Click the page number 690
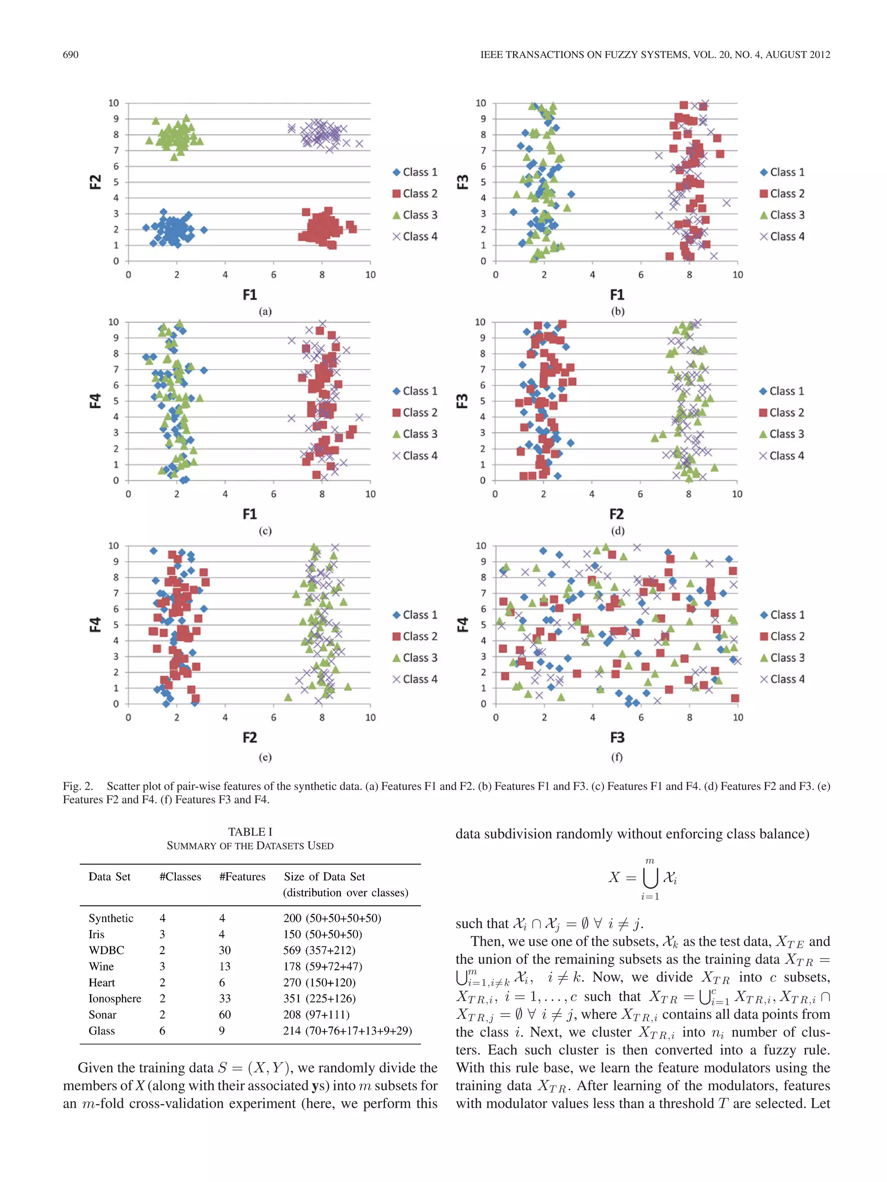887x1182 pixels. coord(71,55)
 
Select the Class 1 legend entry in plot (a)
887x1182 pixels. coord(414,172)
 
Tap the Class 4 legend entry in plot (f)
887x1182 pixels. coord(782,679)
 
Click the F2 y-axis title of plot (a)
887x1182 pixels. coord(95,182)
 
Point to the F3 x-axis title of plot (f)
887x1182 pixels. coord(617,738)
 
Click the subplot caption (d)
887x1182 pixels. coord(617,531)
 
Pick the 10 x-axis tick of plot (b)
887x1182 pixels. coord(737,275)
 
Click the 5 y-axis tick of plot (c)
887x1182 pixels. coord(116,401)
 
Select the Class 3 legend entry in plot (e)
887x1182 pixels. coord(414,658)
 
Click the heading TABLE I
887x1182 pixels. coord(250,831)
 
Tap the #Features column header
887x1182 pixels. coord(242,876)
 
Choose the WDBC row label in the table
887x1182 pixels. coord(107,950)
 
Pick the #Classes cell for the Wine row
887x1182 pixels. coord(162,966)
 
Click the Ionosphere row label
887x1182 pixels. coord(115,998)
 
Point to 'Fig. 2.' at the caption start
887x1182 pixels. coord(78,786)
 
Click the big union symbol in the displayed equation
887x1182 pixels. coord(650,878)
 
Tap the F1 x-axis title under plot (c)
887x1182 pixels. coord(250,514)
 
